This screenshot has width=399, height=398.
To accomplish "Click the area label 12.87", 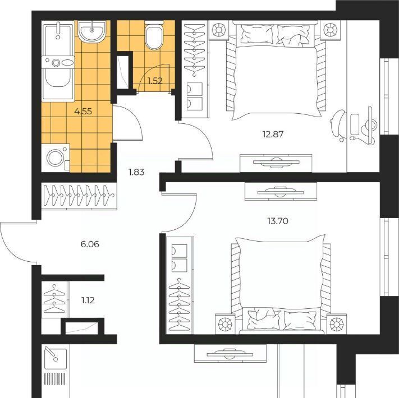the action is [x=273, y=134].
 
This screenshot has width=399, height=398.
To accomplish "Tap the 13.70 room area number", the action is [x=278, y=221].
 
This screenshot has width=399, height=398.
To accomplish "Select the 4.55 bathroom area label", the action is [x=83, y=112].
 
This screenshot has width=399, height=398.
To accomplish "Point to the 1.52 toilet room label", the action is [x=155, y=81].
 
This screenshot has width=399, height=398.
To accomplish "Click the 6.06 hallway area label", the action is [x=90, y=244].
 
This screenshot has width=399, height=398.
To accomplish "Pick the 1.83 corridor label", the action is [x=136, y=172].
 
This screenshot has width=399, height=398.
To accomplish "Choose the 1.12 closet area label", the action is [x=88, y=300].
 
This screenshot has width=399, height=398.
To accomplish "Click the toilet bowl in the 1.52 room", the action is [x=154, y=35].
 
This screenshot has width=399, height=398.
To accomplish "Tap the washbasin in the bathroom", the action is [x=91, y=31].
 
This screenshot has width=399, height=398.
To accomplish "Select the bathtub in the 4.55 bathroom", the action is [x=58, y=61].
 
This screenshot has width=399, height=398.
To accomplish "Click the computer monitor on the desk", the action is [x=369, y=126].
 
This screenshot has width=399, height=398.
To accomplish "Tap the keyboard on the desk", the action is [x=355, y=124].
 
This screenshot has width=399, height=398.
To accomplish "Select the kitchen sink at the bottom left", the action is [x=56, y=358].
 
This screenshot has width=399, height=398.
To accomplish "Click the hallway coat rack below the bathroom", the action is [x=79, y=196].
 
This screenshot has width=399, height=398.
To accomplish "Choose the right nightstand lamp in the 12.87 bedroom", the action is [x=330, y=30].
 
